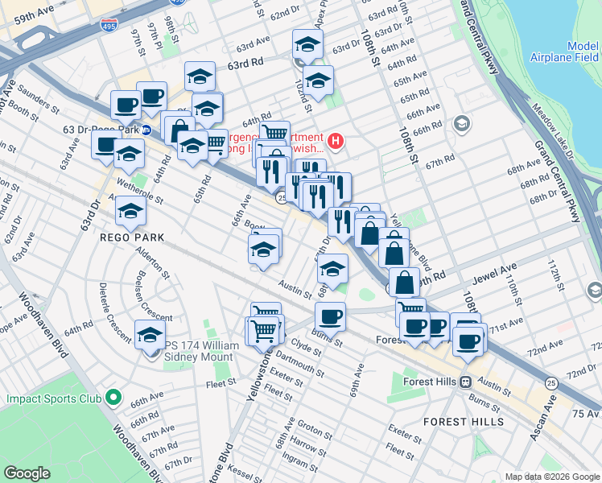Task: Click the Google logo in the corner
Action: [x=27, y=473]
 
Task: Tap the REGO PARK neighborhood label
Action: [x=132, y=237]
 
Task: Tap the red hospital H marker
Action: [x=335, y=142]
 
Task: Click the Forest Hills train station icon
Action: [x=465, y=382]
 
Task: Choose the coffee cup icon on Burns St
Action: [x=330, y=316]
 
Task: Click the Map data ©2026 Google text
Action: [x=551, y=476]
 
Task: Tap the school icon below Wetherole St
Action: [x=130, y=213]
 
